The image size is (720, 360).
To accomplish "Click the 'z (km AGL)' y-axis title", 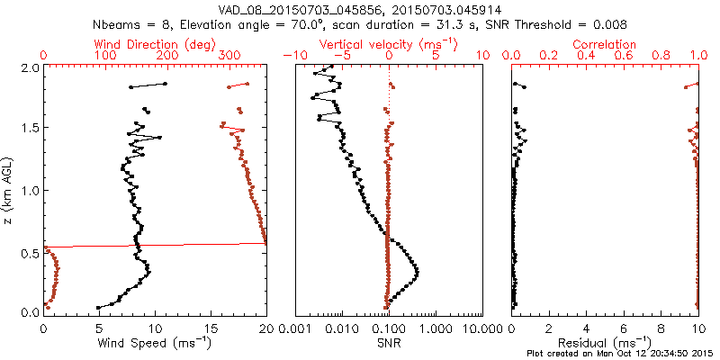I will pos(10,190).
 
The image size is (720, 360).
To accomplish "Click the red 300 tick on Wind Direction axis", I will pos(230,56).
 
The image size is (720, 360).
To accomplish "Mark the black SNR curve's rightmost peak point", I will pos(418,273).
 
